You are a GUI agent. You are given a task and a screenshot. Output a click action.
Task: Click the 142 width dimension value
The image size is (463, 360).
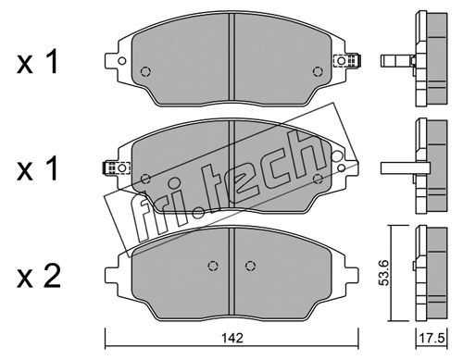232,338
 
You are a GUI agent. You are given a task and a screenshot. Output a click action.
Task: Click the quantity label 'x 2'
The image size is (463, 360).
38,277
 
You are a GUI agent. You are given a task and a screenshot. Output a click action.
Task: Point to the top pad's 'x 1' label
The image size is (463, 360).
37,63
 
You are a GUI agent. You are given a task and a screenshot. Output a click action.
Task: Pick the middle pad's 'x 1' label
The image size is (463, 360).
37,168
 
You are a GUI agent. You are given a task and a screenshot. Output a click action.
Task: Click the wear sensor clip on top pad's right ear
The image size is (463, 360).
348,60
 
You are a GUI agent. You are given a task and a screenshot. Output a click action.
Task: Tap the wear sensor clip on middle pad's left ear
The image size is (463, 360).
117,168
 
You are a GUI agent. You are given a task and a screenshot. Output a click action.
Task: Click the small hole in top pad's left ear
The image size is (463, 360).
122,61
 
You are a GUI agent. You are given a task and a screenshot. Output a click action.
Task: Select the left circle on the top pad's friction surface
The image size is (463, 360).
145,71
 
